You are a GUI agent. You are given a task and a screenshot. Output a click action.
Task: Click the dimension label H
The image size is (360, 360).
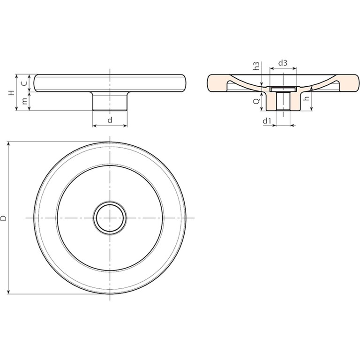tap(12, 93)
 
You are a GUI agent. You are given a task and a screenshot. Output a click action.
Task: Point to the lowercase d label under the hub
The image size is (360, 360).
tap(110, 120)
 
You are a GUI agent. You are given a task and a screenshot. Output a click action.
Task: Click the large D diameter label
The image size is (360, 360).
tap(3, 218)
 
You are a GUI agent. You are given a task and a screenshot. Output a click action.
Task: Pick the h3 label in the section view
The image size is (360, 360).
tap(257, 66)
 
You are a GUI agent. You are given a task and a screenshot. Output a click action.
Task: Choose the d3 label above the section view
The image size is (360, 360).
tap(283, 63)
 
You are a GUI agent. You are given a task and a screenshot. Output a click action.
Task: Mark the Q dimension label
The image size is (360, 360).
tap(256, 101)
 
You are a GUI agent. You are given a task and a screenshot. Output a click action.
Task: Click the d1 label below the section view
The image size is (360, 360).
tap(267, 121)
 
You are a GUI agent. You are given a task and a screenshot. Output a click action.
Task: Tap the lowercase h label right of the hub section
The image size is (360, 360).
tap(306, 98)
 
